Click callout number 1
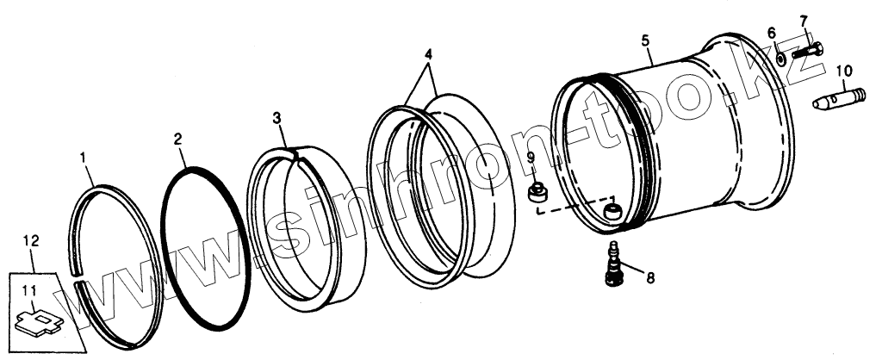pos(84,158)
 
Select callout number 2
pos(177,138)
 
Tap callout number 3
pos(277,116)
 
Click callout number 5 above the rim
pos(647,40)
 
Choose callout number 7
pos(804,20)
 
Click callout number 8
pos(650,277)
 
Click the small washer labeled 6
pos(778,57)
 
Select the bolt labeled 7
pos(806,49)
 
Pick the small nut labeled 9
pos(537,193)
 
